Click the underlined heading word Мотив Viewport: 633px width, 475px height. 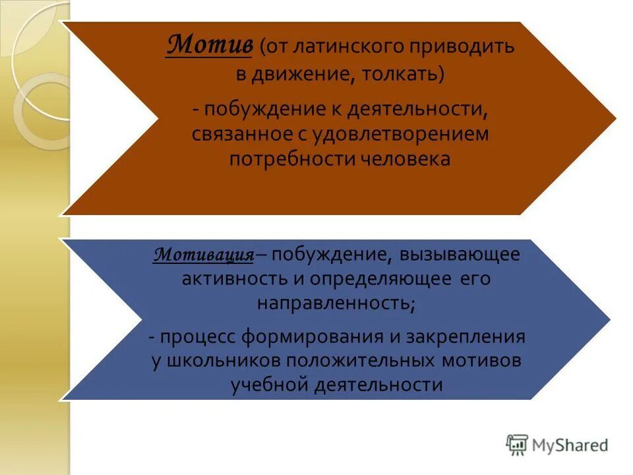point(208,46)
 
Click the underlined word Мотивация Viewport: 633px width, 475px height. point(204,255)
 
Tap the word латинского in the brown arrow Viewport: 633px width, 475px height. point(336,47)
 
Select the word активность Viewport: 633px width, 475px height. point(235,279)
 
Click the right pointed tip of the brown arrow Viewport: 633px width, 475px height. point(615,119)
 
